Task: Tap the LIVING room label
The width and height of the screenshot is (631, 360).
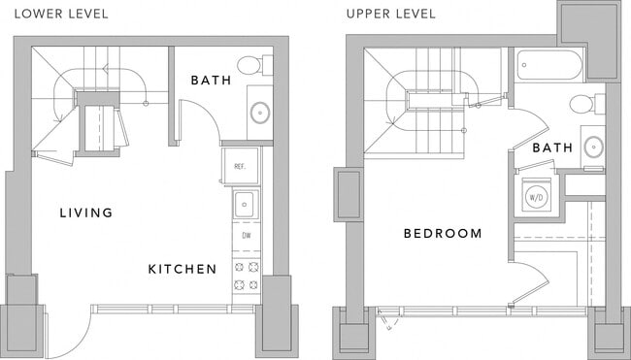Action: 85,213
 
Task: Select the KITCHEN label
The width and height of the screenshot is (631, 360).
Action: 182,269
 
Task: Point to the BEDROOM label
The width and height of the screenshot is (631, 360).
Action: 444,234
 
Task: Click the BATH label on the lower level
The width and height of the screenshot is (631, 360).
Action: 211,81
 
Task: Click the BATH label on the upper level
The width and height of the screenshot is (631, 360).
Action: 552,148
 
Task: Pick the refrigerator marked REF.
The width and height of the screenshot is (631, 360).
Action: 240,166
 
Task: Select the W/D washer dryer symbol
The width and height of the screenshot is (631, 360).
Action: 536,195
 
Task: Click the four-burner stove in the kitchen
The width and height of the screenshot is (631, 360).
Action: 246,276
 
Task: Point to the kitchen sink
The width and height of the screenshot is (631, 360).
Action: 246,204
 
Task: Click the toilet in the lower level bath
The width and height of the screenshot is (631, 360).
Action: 250,66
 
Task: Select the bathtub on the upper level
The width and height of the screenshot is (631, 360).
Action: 549,66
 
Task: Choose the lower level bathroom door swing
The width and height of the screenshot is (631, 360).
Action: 199,121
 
